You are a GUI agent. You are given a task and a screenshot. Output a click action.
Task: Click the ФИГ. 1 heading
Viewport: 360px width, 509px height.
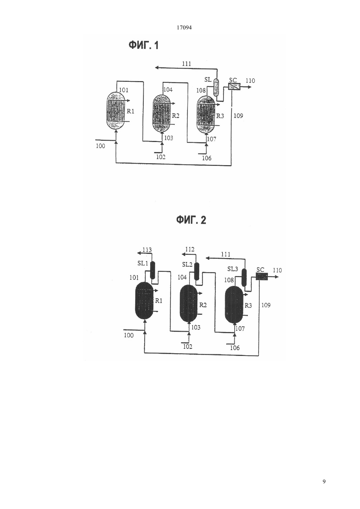[x=143, y=45]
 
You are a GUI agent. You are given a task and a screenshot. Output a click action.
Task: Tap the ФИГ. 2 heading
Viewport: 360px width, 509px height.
[x=191, y=220]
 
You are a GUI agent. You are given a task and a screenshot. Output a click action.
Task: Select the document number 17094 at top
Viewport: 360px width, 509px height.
[x=184, y=28]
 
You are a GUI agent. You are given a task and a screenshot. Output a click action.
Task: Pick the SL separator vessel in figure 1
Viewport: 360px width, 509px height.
[x=216, y=87]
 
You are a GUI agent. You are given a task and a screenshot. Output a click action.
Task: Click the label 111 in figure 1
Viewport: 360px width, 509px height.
[x=187, y=63]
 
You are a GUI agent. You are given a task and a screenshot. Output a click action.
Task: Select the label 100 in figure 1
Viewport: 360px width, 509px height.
[x=100, y=146]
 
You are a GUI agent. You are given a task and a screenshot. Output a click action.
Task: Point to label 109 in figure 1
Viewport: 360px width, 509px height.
[x=238, y=116]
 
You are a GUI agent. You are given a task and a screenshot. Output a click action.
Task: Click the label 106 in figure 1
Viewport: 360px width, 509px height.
[x=207, y=158]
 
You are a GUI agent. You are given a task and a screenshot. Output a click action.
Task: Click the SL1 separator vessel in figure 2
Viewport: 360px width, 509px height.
[x=153, y=271]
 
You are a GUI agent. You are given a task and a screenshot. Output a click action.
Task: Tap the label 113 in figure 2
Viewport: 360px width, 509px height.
[x=147, y=250]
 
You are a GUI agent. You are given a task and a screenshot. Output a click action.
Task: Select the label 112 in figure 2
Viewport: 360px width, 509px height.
[x=190, y=250]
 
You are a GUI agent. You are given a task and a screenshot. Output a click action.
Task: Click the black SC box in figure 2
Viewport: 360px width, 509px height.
[x=262, y=276]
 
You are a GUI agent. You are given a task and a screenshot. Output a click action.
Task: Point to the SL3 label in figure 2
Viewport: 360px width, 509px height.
[x=233, y=269]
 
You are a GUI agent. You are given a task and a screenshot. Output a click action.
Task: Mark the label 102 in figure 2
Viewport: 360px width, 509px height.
[x=188, y=346]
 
